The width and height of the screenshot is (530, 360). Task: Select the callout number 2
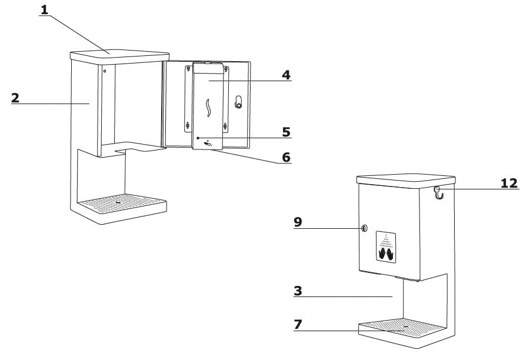(x=15, y=98)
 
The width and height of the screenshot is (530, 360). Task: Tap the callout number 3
(x=298, y=291)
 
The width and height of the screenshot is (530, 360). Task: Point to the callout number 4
(x=286, y=75)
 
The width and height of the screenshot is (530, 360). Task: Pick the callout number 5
(x=286, y=132)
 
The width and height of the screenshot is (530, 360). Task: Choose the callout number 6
(x=286, y=157)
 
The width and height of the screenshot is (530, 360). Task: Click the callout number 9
(x=298, y=222)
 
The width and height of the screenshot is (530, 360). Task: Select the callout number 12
(x=509, y=183)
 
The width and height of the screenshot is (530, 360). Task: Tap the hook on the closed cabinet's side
(x=438, y=192)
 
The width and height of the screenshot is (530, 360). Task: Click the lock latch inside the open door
(x=238, y=102)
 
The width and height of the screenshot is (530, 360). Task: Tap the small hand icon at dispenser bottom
(x=207, y=142)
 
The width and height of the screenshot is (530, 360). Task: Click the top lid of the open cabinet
(x=118, y=54)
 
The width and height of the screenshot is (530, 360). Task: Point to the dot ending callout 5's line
(x=198, y=137)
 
